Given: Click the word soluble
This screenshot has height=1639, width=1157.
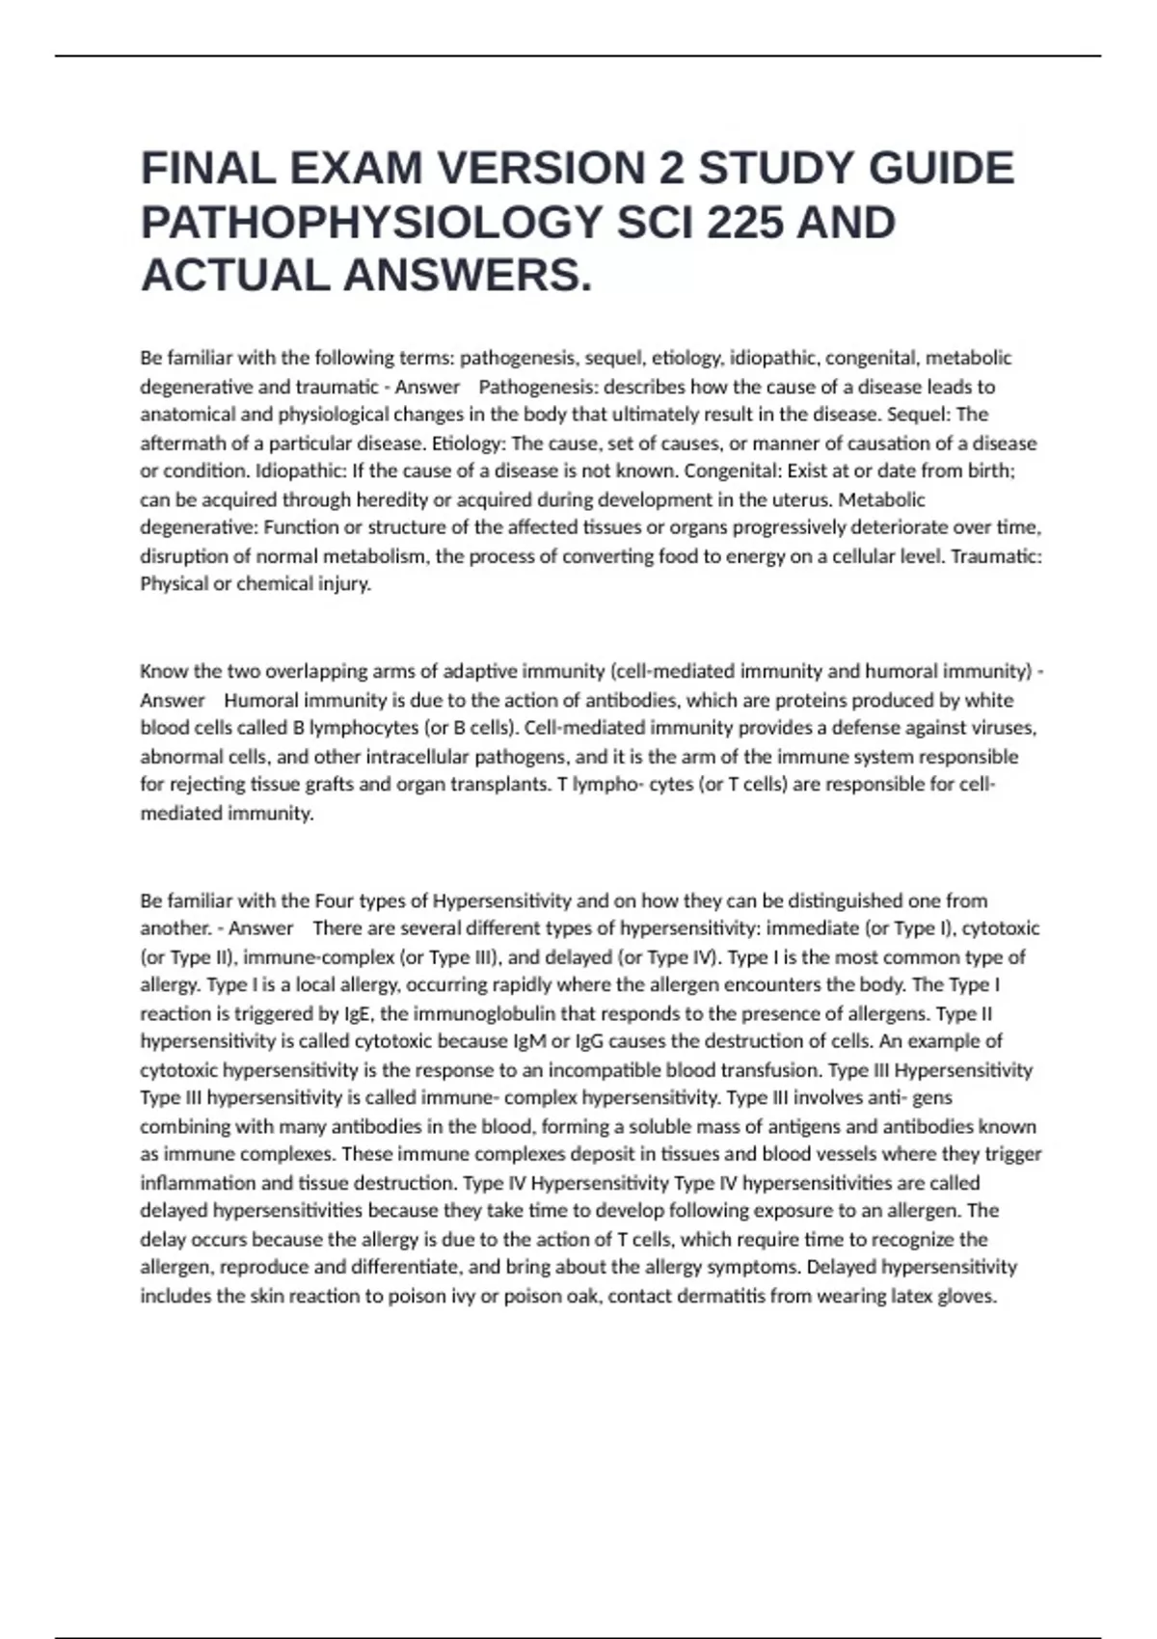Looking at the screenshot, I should point(664,1126).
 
